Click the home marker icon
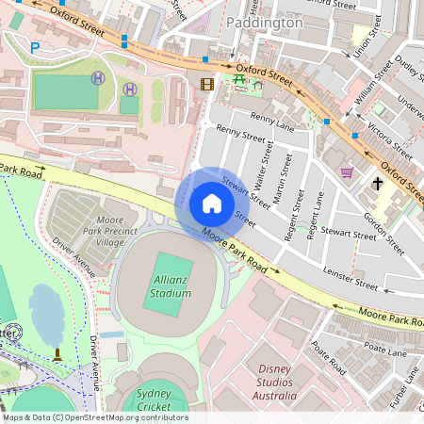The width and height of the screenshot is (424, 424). tap(211, 204)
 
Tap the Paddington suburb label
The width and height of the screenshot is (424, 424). tap(265, 22)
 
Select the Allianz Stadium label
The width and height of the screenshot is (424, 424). tap(170, 286)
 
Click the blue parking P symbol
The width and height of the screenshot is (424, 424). tap(35, 47)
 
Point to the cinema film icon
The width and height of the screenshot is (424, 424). tap(207, 85)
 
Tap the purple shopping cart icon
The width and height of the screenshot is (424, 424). tap(347, 172)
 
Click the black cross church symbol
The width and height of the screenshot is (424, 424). tap(378, 183)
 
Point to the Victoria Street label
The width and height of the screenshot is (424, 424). tap(388, 139)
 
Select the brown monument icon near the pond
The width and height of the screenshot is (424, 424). tap(58, 355)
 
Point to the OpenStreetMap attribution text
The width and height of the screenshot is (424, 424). tap(94, 417)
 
